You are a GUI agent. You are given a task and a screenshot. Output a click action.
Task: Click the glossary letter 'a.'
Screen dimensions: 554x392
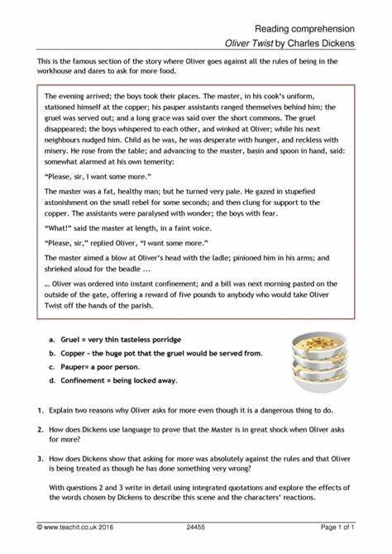[52, 340]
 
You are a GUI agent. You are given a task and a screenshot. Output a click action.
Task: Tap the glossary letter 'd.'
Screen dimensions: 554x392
[52, 380]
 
